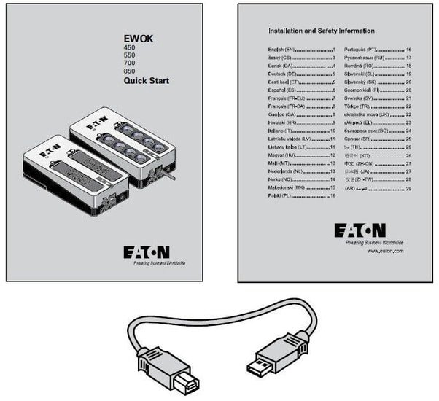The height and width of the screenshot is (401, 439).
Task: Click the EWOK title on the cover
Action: coord(139,39)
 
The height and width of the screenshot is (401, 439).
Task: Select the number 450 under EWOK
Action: coord(130,49)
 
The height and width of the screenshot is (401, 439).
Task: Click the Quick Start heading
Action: coord(146,82)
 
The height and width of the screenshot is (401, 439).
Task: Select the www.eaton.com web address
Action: coord(386,250)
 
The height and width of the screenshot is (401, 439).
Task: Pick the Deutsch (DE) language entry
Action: coord(281,74)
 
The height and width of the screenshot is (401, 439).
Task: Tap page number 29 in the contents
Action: coord(409,188)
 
